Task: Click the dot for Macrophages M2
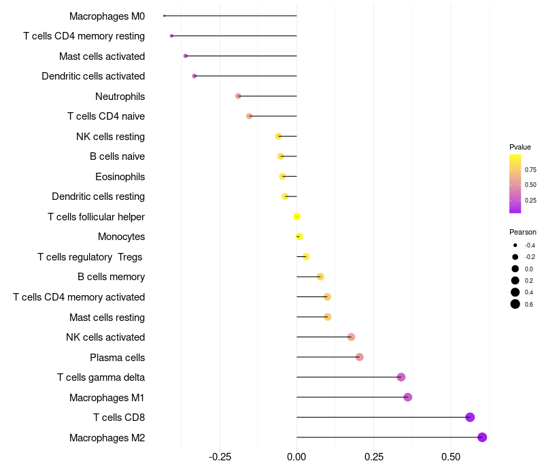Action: (x=482, y=437)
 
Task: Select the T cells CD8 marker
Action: (x=470, y=418)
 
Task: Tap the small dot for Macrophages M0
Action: (x=165, y=16)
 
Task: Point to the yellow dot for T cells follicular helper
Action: (x=297, y=217)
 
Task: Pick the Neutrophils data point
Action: (x=238, y=96)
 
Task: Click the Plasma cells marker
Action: (x=360, y=357)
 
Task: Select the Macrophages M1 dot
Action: (x=408, y=397)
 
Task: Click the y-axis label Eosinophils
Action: (x=120, y=177)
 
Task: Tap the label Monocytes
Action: (x=121, y=237)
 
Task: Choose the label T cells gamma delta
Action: (x=101, y=377)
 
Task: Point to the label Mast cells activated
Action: (x=102, y=56)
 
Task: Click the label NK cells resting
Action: (x=110, y=137)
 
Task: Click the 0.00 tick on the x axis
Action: (x=297, y=456)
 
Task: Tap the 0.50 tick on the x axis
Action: (x=451, y=456)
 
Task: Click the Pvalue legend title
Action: (x=520, y=147)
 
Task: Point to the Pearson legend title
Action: (x=523, y=232)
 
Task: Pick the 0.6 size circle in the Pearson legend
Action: (x=515, y=304)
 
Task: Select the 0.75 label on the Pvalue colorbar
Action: (x=530, y=170)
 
